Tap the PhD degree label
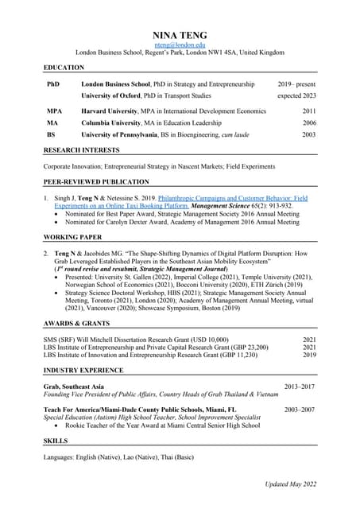53,83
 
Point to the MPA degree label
55,111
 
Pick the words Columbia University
110,123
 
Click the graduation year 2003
309,135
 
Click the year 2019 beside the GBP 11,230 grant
309,356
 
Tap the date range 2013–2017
300,387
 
